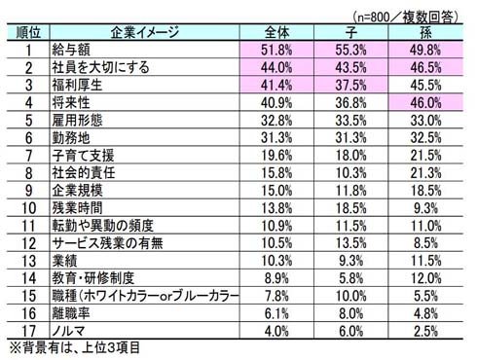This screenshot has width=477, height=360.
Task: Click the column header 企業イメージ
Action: (x=144, y=32)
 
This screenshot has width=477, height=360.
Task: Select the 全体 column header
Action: (x=276, y=32)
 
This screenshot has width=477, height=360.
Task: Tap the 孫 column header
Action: (x=425, y=32)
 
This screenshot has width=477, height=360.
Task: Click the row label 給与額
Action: (x=71, y=50)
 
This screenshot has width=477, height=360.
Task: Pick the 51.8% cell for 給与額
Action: (x=276, y=50)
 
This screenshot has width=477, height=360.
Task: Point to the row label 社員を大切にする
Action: (x=100, y=67)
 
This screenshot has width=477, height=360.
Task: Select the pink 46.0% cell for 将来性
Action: (x=425, y=103)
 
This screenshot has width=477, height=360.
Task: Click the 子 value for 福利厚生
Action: (x=351, y=86)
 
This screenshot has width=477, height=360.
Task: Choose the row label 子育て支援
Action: (x=84, y=156)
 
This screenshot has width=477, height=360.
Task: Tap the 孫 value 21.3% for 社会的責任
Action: (x=425, y=173)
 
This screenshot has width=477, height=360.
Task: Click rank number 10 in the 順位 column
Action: (x=28, y=208)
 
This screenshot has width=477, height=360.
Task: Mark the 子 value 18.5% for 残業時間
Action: (x=351, y=208)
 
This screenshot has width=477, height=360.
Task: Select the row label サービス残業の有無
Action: (x=107, y=243)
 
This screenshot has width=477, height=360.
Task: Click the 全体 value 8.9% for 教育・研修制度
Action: (x=276, y=278)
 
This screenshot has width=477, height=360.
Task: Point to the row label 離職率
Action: (x=71, y=313)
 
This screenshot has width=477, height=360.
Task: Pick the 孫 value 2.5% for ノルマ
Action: (x=425, y=331)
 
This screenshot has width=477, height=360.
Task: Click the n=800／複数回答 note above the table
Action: (x=405, y=17)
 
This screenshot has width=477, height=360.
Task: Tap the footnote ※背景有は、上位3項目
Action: (x=74, y=347)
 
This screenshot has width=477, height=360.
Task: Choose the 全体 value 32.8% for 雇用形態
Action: (x=276, y=121)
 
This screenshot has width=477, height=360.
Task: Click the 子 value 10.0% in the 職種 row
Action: (x=351, y=296)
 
